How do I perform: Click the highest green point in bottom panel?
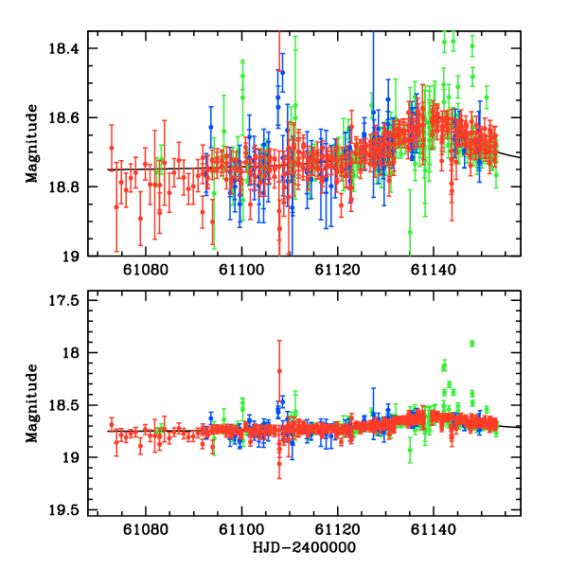(471, 344)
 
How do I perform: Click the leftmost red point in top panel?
(111, 148)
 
